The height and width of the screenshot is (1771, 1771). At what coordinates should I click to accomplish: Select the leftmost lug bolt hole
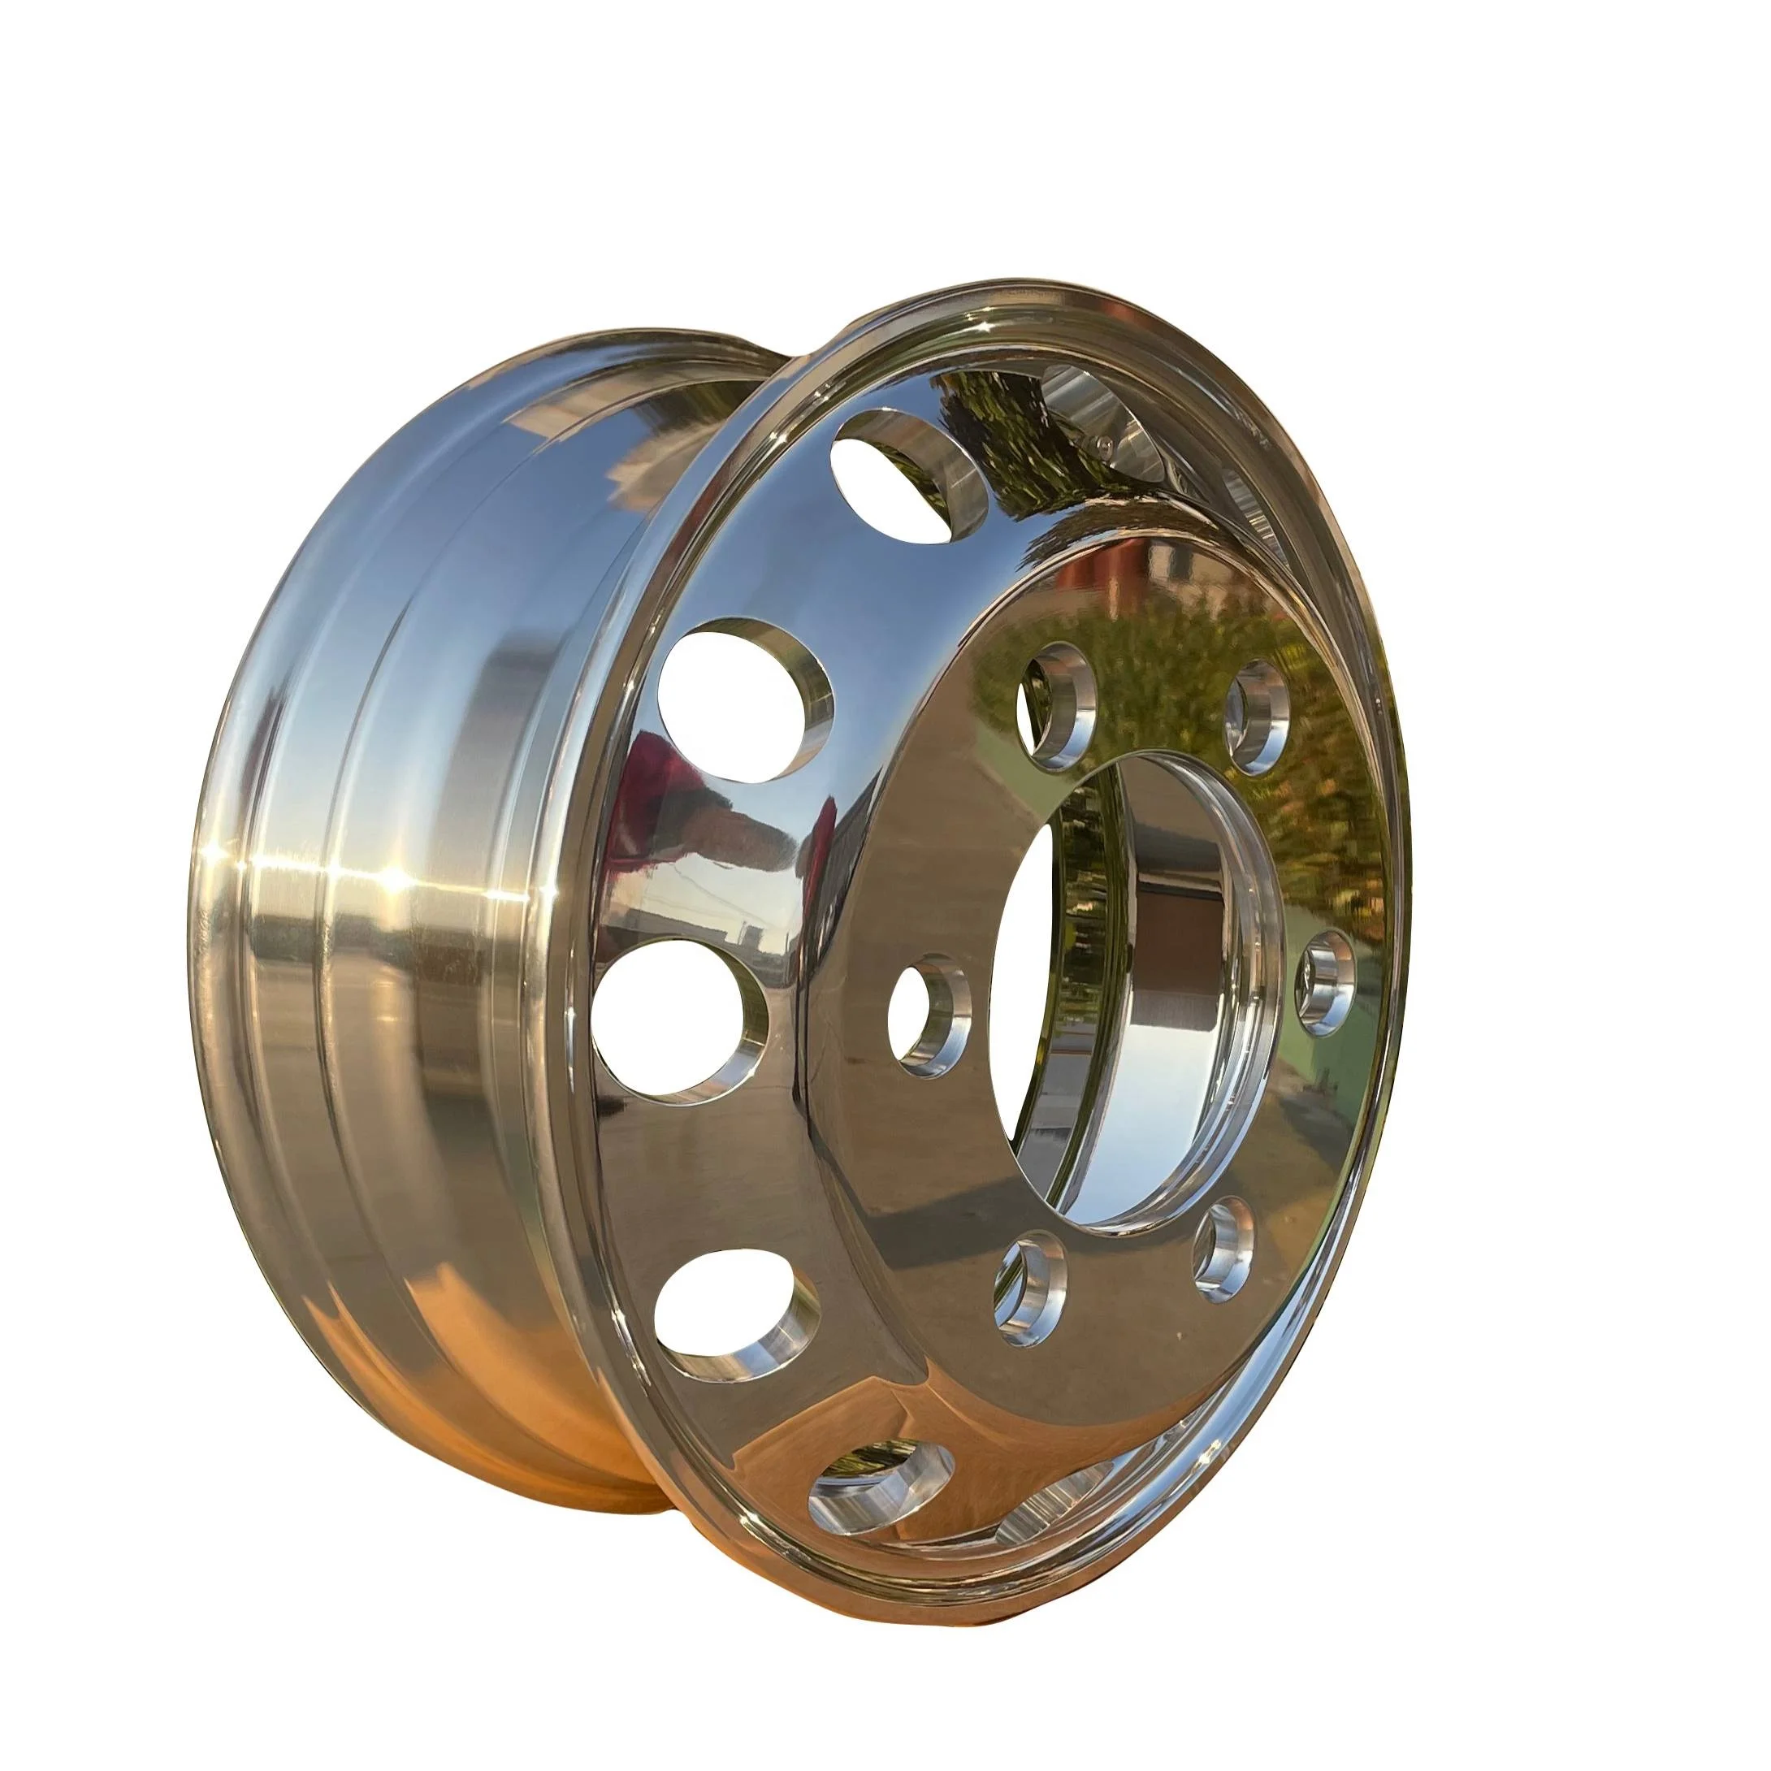pyautogui.click(x=928, y=1015)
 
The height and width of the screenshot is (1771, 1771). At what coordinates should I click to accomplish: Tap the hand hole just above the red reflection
pyautogui.click(x=743, y=700)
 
